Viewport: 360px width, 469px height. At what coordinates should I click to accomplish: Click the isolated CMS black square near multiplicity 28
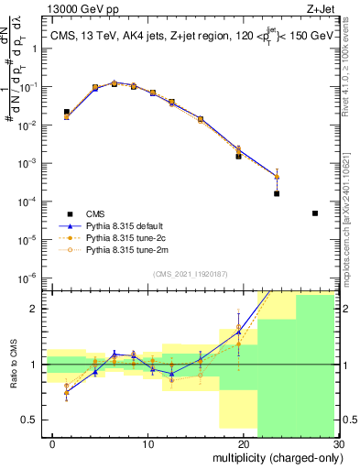[315, 213]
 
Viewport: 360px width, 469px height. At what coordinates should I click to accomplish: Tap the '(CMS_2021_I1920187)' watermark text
[191, 274]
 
